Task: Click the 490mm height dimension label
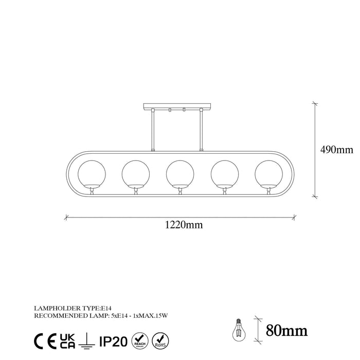337,150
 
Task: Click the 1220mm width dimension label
180,224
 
